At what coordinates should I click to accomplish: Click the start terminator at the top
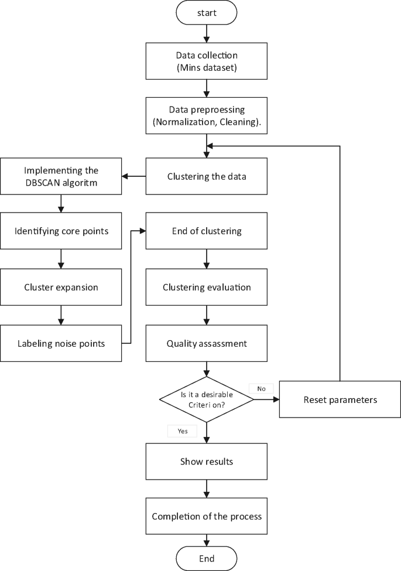[x=206, y=12]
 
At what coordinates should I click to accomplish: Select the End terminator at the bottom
[x=206, y=558]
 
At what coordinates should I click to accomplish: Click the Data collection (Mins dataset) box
[x=206, y=61]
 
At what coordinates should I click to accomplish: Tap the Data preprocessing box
[x=206, y=115]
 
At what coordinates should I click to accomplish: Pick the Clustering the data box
[x=206, y=176]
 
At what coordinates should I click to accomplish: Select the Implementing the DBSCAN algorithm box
[x=61, y=176]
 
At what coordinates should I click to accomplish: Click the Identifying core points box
[x=61, y=231]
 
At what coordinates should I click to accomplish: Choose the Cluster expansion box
[x=61, y=287]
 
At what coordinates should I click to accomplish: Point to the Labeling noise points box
[x=61, y=343]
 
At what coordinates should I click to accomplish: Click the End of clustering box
[x=206, y=231]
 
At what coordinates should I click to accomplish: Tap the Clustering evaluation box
[x=206, y=287]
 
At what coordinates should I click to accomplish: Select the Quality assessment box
[x=206, y=343]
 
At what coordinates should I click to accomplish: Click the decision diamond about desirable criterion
[x=206, y=400]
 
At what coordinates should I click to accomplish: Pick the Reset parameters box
[x=340, y=400]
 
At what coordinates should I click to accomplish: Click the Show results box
[x=206, y=461]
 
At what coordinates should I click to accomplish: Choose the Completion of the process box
[x=206, y=516]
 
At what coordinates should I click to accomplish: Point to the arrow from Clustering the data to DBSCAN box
[x=133, y=176]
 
